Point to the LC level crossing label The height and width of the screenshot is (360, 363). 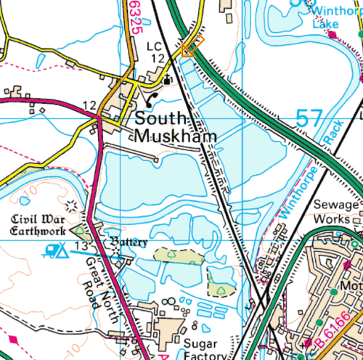tap(153, 46)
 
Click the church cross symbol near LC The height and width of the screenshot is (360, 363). tap(168, 79)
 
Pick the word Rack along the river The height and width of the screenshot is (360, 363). tap(327, 132)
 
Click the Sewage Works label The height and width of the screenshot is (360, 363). tap(336, 211)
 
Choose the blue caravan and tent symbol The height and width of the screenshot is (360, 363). tap(55, 250)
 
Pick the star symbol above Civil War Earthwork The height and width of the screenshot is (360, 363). tap(70, 205)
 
